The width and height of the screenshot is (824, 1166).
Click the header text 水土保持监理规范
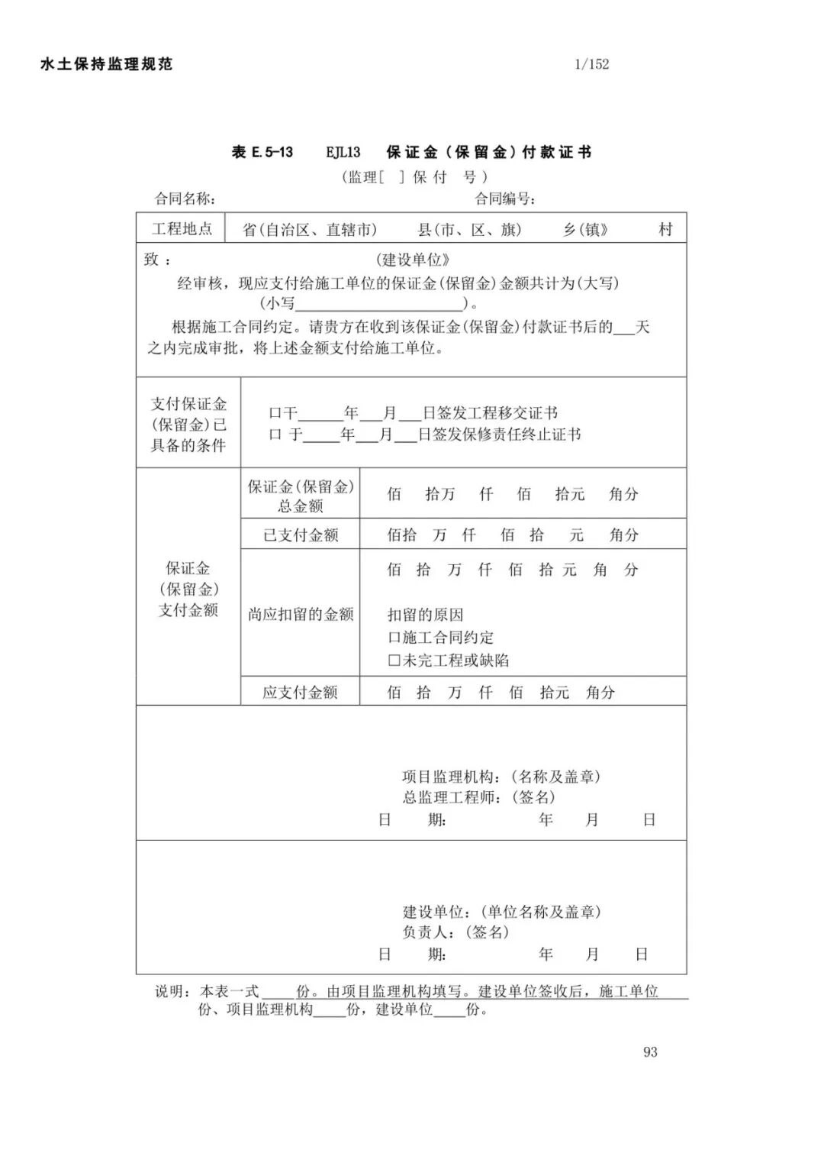pyautogui.click(x=107, y=64)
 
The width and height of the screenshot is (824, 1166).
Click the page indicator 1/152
pyautogui.click(x=591, y=64)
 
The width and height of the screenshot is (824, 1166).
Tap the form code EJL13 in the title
pyautogui.click(x=343, y=152)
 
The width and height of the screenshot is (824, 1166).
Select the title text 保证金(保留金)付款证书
pyautogui.click(x=488, y=152)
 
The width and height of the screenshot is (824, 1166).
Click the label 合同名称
pyautogui.click(x=185, y=199)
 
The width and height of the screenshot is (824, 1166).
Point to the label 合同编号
pyautogui.click(x=504, y=199)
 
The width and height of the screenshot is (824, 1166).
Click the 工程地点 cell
pyautogui.click(x=182, y=228)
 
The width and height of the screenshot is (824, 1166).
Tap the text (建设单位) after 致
pyautogui.click(x=413, y=260)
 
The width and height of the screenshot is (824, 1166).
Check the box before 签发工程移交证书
pyautogui.click(x=275, y=414)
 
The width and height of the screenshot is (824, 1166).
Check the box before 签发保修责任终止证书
pyautogui.click(x=275, y=435)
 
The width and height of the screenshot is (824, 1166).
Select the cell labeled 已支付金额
pyautogui.click(x=301, y=535)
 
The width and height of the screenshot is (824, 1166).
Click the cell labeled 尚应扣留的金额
pyautogui.click(x=301, y=614)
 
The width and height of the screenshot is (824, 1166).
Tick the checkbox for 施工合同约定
pyautogui.click(x=394, y=638)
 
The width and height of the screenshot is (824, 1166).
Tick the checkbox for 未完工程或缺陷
pyautogui.click(x=394, y=661)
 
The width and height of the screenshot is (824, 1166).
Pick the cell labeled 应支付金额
pyautogui.click(x=301, y=693)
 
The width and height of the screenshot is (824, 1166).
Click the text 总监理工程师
pyautogui.click(x=450, y=797)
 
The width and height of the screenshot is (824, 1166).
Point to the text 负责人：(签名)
pyautogui.click(x=455, y=932)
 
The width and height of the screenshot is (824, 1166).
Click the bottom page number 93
pyautogui.click(x=650, y=1051)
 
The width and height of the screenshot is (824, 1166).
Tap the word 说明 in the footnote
pyautogui.click(x=171, y=991)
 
